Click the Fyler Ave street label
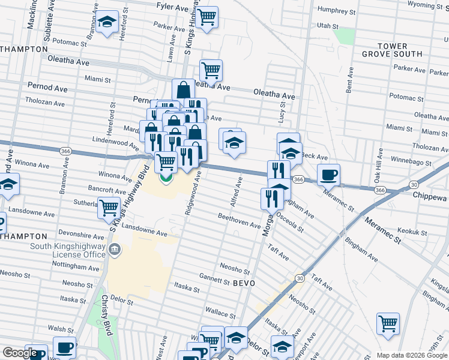[x=172, y=7]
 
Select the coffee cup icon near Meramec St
[x=328, y=175]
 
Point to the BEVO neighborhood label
[x=244, y=283]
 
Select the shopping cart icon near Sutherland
[x=109, y=208]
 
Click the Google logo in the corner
[x=19, y=353]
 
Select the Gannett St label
[x=214, y=280]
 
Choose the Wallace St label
[x=220, y=313]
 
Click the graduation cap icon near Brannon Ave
[x=107, y=23]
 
